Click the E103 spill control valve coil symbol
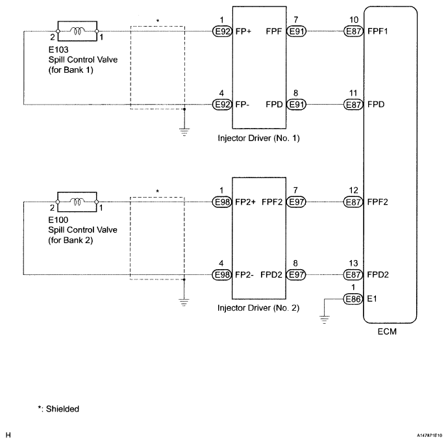click(77, 31)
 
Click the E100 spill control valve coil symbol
click(77, 202)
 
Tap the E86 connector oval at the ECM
click(353, 299)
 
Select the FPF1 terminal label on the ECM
click(377, 31)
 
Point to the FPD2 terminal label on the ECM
click(378, 275)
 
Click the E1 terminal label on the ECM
click(372, 299)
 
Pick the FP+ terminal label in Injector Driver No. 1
click(243, 31)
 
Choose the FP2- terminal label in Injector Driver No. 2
click(244, 275)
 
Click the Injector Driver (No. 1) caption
click(258, 138)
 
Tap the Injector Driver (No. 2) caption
click(258, 308)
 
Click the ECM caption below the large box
click(387, 332)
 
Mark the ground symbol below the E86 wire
click(324, 319)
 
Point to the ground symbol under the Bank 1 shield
click(184, 132)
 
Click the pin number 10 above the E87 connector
click(354, 20)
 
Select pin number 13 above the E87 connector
click(353, 263)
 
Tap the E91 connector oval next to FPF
click(296, 31)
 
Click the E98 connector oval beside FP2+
click(222, 202)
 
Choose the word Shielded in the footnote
click(62, 409)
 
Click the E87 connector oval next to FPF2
click(353, 202)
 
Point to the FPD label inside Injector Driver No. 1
click(274, 105)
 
